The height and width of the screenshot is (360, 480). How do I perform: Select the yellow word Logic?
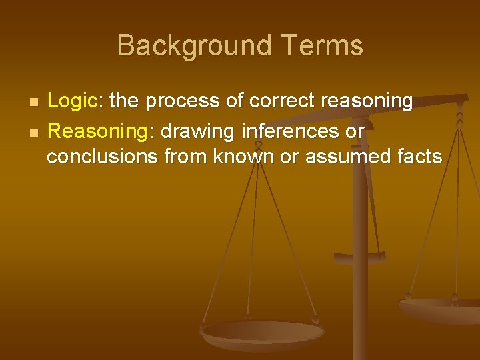[72, 101]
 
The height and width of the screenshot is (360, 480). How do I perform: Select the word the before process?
[125, 101]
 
